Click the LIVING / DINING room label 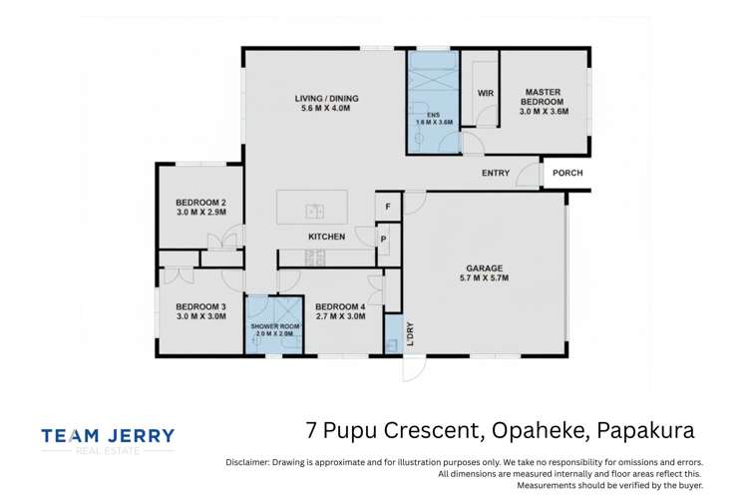tap(326, 98)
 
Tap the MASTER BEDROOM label tap(544, 97)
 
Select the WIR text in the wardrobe tap(486, 93)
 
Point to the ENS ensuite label tap(434, 115)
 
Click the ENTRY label tap(496, 173)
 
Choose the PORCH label tap(567, 173)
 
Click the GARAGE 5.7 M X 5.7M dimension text tap(484, 277)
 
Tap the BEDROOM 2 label tap(200, 203)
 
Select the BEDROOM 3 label tap(200, 306)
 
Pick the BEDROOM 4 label tap(340, 306)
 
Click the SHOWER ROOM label tap(275, 326)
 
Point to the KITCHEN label tap(327, 237)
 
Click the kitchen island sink tap(315, 211)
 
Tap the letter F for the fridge tap(388, 207)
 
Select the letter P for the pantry tap(384, 240)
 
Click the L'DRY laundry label tap(410, 334)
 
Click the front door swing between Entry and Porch tap(529, 175)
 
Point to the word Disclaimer tap(247, 462)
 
